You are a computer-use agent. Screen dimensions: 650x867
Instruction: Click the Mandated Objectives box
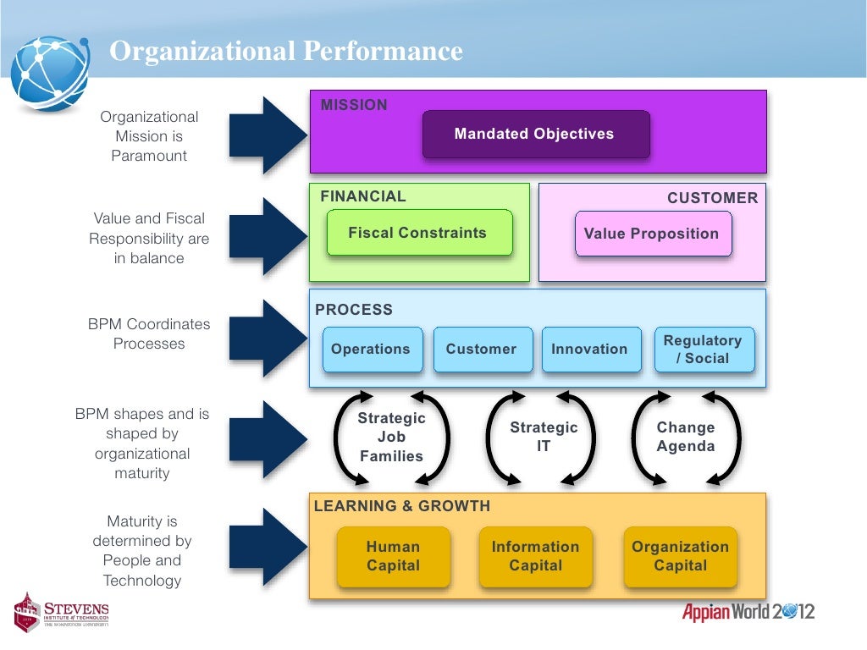pos(535,135)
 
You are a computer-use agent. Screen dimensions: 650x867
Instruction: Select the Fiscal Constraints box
pos(418,233)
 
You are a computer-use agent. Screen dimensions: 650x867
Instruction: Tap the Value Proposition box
pos(652,234)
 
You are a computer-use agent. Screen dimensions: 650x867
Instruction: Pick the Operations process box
pos(371,350)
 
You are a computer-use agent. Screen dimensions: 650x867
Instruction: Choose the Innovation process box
pos(589,350)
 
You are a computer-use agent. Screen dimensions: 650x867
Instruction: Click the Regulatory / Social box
pos(703,350)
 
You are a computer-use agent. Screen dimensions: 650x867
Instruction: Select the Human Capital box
pos(393,556)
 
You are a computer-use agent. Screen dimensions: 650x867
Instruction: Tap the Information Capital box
pos(535,556)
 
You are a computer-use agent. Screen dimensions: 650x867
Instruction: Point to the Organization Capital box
pos(680,556)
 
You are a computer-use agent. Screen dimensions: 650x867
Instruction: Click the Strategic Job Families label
pos(391,438)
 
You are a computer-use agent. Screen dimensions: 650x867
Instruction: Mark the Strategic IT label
pos(544,437)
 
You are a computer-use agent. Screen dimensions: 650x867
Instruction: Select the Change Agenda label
pos(686,437)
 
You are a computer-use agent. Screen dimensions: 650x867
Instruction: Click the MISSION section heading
pos(354,105)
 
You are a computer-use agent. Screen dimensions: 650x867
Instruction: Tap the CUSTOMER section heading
pos(712,198)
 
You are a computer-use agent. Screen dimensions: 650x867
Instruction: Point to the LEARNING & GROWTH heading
pos(402,506)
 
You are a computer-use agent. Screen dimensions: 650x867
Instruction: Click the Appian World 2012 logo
pos(748,612)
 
